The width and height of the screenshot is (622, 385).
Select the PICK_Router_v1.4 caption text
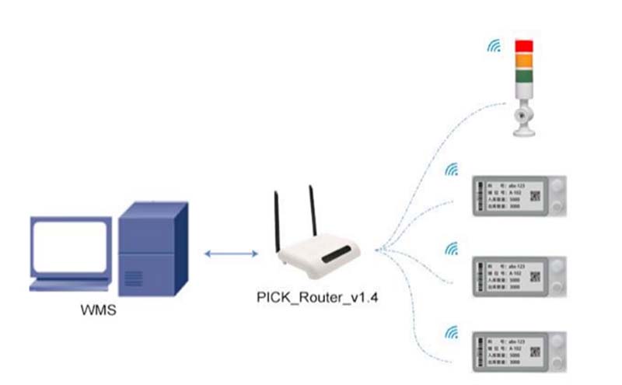click(317, 297)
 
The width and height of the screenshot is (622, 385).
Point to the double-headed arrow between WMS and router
click(231, 254)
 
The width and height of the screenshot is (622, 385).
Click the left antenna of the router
click(276, 220)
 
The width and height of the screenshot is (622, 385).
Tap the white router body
click(320, 257)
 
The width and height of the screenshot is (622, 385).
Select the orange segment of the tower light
click(526, 60)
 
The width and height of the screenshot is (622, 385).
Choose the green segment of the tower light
click(526, 76)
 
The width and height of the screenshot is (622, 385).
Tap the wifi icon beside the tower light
click(494, 46)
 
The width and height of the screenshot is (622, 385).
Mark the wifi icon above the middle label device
click(450, 249)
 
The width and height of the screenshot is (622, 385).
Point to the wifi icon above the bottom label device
click(450, 332)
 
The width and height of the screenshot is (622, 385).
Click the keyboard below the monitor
click(68, 285)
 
